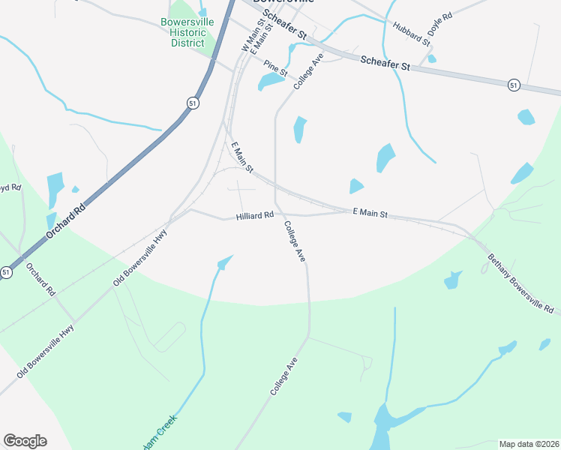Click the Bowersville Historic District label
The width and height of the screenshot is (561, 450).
tap(187, 32)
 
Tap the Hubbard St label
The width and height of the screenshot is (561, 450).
tap(411, 34)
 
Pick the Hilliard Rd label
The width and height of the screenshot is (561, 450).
tap(254, 216)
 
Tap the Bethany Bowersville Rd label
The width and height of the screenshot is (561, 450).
tap(520, 283)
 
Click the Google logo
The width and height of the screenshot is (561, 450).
tap(25, 441)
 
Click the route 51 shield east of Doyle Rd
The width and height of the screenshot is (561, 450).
tap(513, 85)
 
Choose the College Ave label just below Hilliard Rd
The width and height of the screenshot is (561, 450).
tap(295, 241)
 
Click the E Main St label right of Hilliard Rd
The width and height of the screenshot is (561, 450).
tap(370, 214)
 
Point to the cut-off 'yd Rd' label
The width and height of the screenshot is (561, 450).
tap(8, 187)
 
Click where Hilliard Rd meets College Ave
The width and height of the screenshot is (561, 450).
tap(279, 215)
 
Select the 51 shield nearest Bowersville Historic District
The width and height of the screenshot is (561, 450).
tap(193, 103)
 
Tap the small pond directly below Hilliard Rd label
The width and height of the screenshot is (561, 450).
tap(224, 262)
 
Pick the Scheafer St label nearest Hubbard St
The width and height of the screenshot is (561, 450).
tap(385, 64)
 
